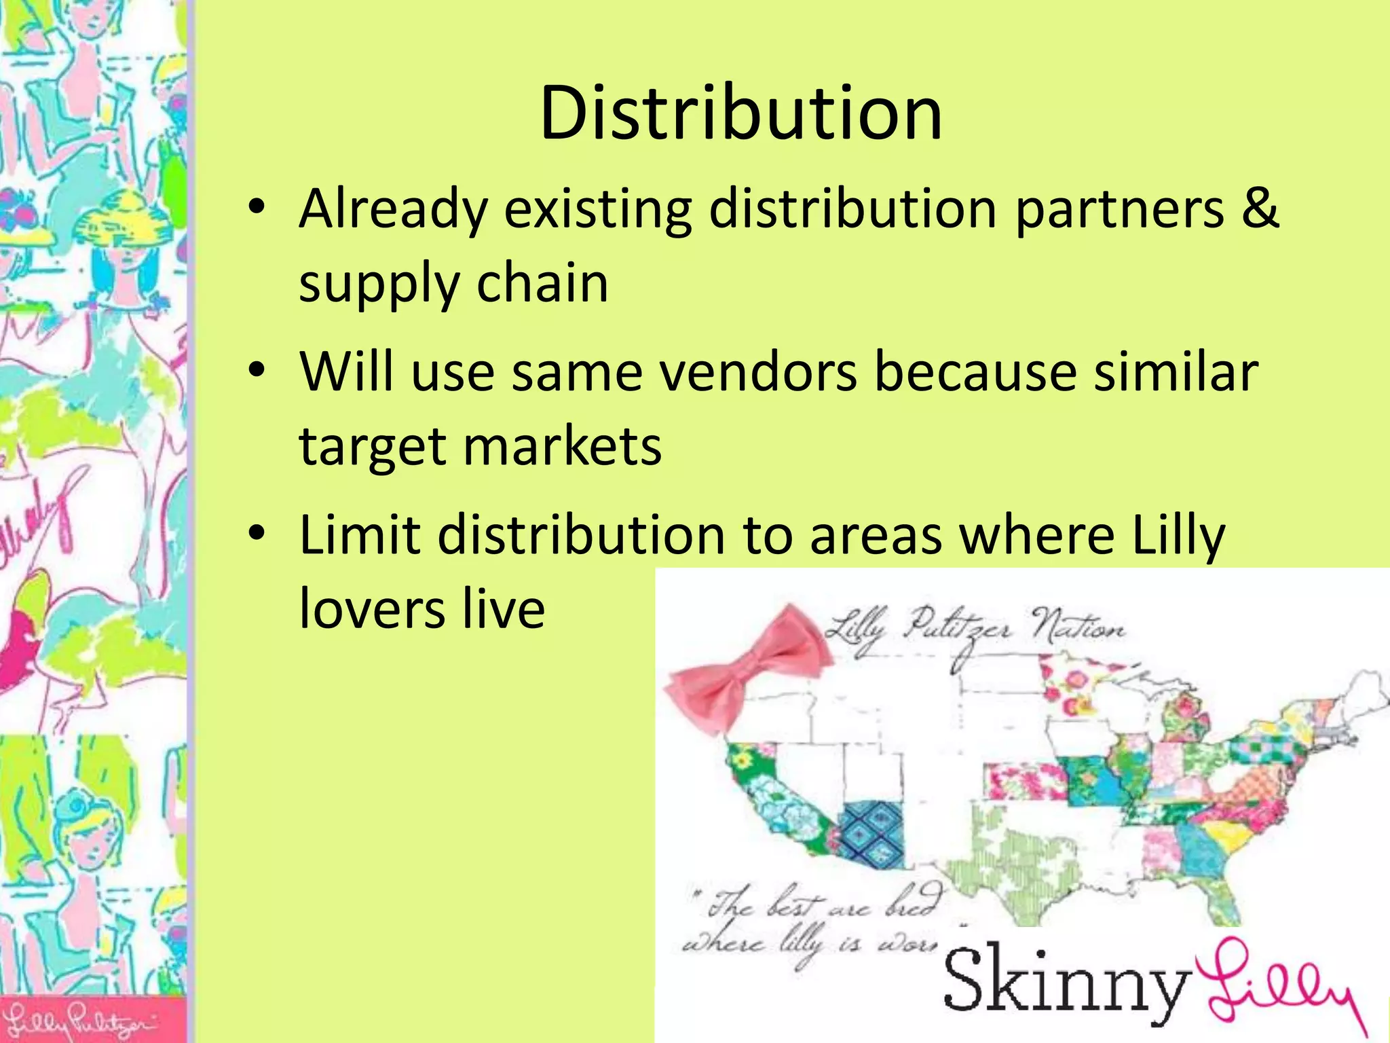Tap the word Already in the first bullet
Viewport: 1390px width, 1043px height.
tap(393, 209)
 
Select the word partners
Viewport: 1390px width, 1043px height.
tap(1119, 209)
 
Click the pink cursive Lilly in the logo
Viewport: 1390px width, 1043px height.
tap(1279, 985)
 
